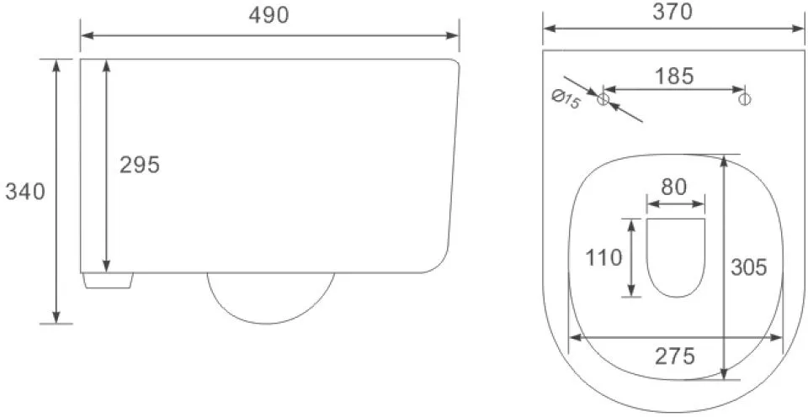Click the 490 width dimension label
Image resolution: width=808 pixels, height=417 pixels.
pyautogui.click(x=269, y=16)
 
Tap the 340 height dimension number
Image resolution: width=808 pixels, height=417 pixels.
pyautogui.click(x=25, y=192)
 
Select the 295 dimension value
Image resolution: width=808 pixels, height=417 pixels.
pyautogui.click(x=140, y=166)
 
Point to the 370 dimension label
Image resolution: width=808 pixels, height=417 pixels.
pyautogui.click(x=672, y=12)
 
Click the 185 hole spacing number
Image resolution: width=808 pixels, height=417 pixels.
pyautogui.click(x=674, y=77)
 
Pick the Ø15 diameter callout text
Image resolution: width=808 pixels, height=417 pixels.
pyautogui.click(x=566, y=99)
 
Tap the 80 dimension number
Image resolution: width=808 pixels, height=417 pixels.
pyautogui.click(x=674, y=187)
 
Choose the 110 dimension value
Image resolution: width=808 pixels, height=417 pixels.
pyautogui.click(x=604, y=257)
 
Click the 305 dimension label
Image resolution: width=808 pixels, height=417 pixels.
pyautogui.click(x=749, y=267)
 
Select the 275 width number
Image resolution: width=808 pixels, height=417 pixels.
pyautogui.click(x=675, y=356)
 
